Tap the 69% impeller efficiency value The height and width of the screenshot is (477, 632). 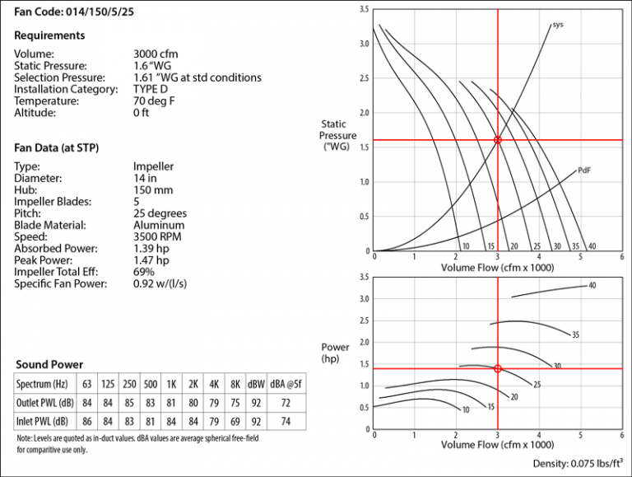pos(144,272)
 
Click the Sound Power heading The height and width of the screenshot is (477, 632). pos(49,364)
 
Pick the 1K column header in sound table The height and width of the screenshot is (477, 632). pos(172,384)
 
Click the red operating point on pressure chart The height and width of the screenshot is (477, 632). pos(497,140)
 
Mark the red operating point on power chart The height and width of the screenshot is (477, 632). pos(497,368)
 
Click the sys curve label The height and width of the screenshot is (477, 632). pos(558,25)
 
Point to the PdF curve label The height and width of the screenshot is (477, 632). pos(584,171)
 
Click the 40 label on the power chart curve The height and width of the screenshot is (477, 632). pos(592,286)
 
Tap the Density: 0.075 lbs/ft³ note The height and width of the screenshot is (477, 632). pos(576,465)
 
